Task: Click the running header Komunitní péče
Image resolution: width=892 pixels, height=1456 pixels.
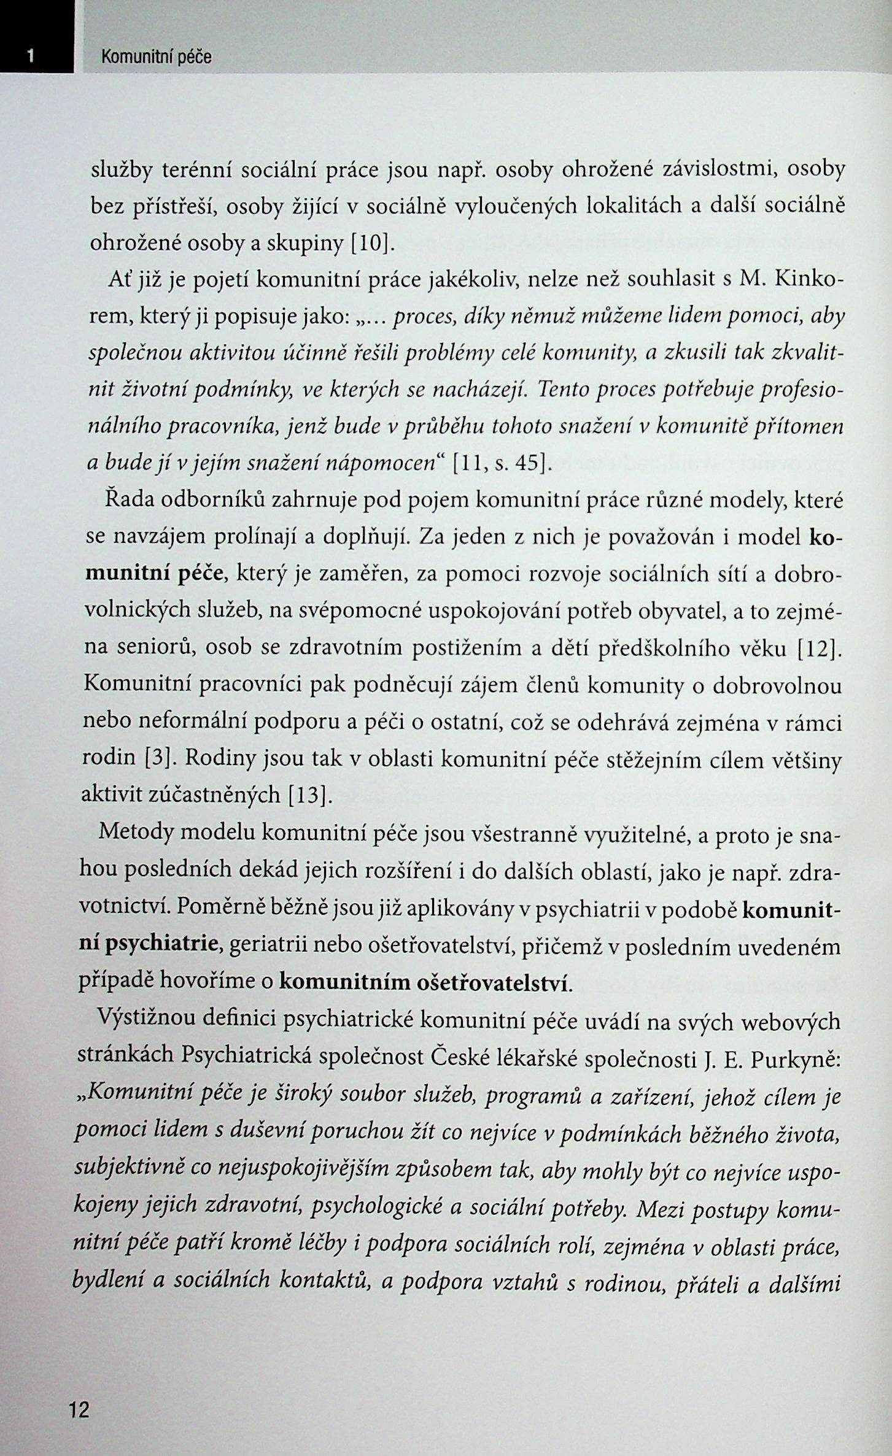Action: coord(156,57)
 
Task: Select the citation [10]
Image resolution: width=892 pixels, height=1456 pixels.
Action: coord(371,243)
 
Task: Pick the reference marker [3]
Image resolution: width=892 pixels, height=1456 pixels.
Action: coord(160,758)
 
